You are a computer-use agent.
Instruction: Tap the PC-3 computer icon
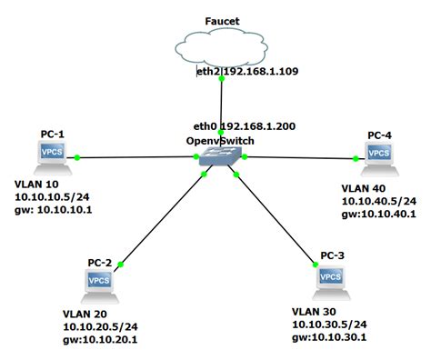(x=332, y=281)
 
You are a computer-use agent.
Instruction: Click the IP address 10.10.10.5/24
(x=51, y=195)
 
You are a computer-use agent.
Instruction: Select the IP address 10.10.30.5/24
(x=329, y=324)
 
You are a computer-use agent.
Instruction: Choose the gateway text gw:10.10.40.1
(x=378, y=213)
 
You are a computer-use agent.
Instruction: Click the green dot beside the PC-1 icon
(x=79, y=157)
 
